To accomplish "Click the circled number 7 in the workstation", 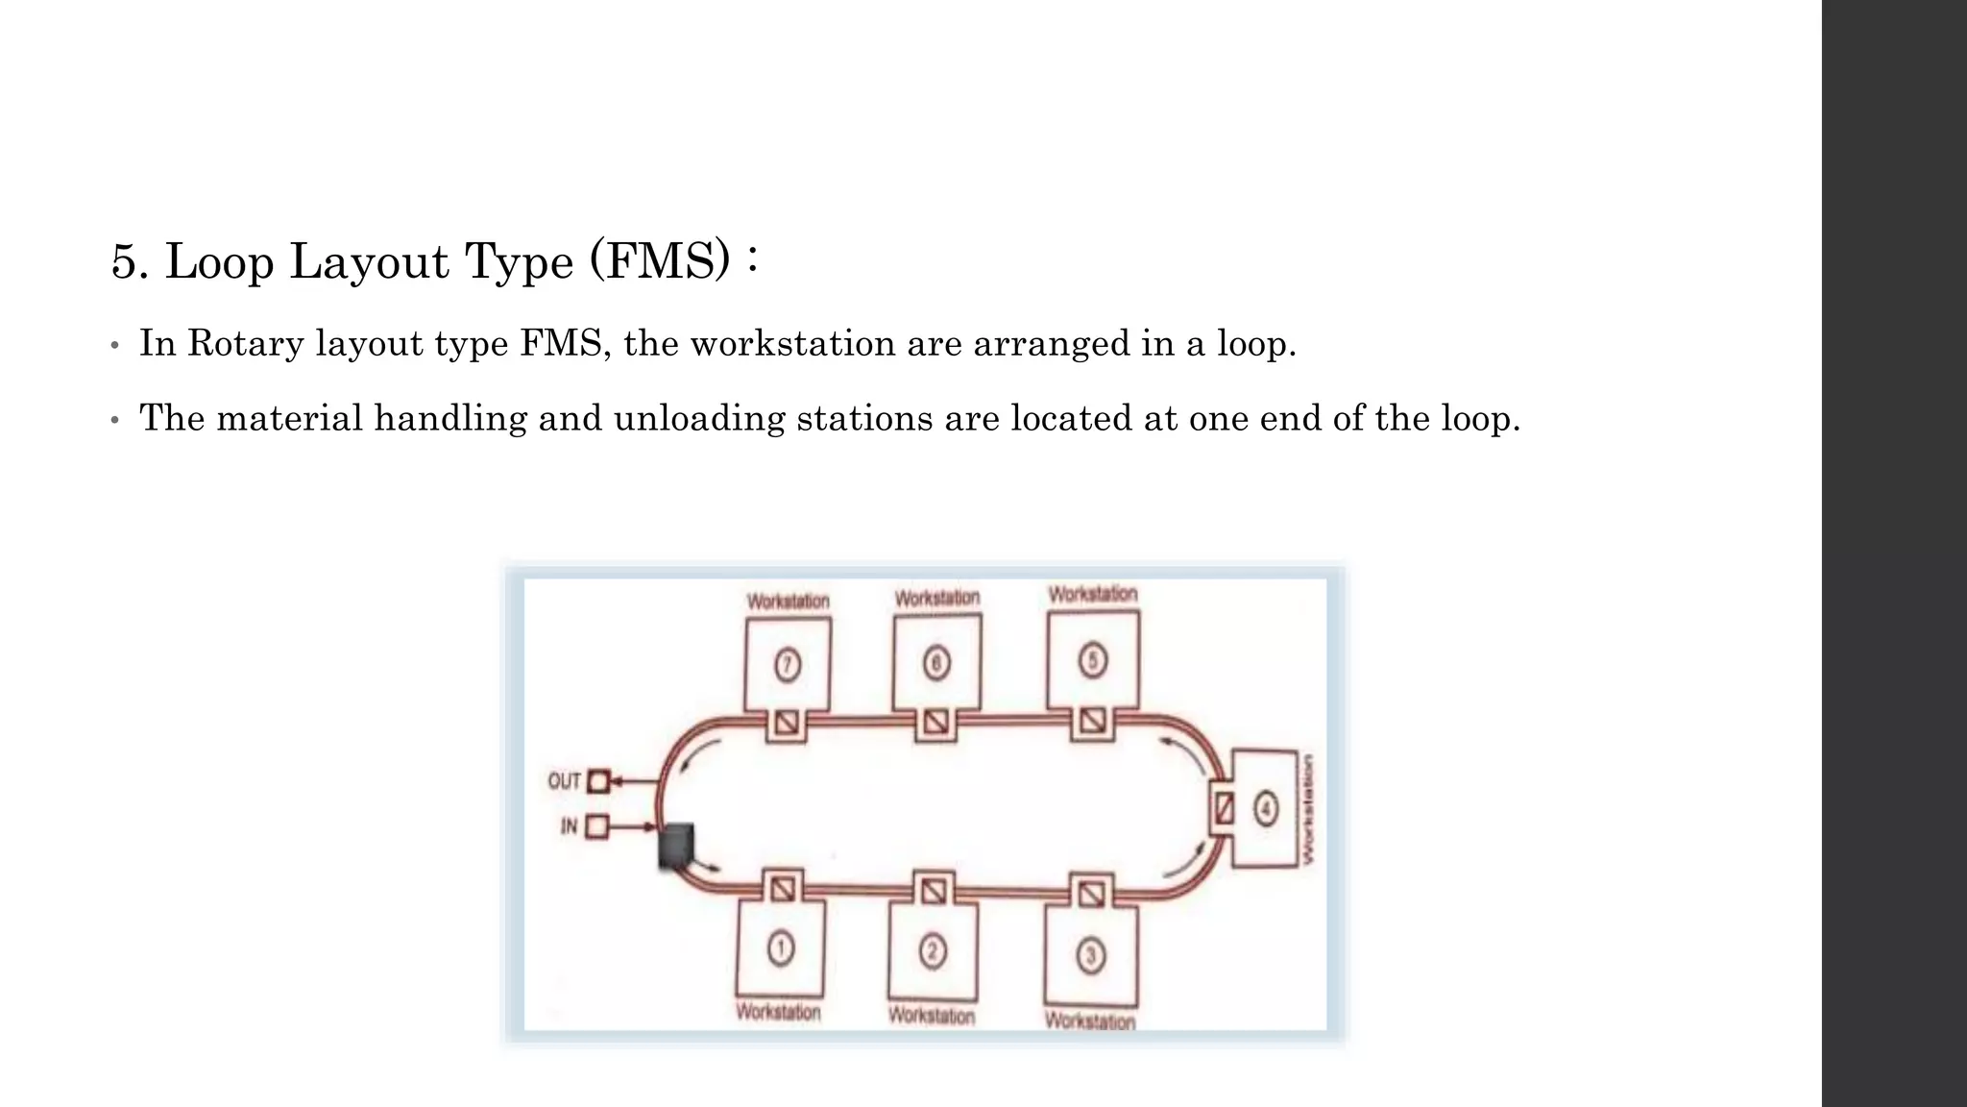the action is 788,665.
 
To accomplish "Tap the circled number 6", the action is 936,663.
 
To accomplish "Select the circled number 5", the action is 1092,660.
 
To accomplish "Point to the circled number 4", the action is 1266,808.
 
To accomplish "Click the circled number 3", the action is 1090,955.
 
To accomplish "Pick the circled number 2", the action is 933,951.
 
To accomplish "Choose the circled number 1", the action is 781,949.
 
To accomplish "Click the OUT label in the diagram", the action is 564,781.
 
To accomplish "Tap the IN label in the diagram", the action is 570,825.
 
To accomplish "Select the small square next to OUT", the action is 598,781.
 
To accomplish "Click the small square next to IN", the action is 596,825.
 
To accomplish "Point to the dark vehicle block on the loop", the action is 676,845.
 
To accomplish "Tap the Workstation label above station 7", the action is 789,602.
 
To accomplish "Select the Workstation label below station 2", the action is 932,1016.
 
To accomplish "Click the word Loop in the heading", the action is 220,261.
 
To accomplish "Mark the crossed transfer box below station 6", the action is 935,722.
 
